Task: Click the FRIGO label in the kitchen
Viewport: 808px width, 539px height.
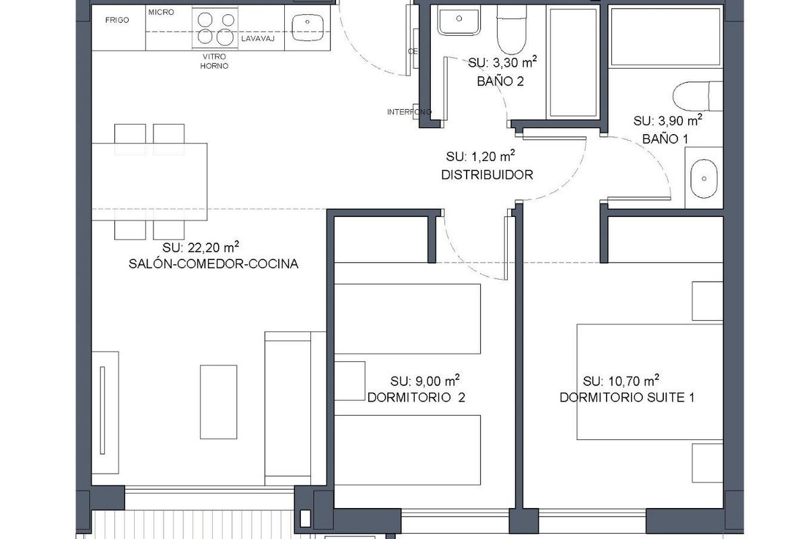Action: point(117,20)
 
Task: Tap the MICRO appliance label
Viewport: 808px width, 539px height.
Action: point(161,12)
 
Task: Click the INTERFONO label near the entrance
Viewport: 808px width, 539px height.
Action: point(408,112)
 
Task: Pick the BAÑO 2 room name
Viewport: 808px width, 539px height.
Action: point(500,82)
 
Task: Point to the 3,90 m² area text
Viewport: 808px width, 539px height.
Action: point(668,121)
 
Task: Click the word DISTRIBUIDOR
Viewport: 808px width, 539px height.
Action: point(487,175)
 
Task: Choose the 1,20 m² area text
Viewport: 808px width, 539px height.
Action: point(480,156)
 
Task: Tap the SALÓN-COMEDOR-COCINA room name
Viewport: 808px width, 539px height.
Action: point(213,264)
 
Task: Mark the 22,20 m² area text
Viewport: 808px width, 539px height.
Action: point(201,246)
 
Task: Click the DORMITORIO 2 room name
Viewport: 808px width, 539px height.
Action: point(416,398)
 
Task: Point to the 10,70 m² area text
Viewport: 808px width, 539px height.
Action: point(621,379)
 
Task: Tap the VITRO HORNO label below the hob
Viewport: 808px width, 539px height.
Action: point(215,61)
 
